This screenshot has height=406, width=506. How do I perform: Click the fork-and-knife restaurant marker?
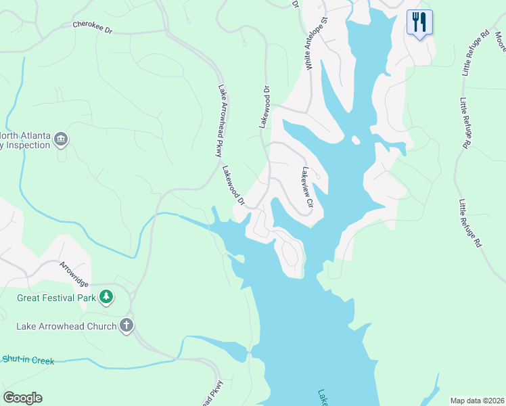tap(419, 22)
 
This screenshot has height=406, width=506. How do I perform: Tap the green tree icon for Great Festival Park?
tap(106, 296)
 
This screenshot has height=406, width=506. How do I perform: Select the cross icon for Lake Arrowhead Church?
tap(126, 325)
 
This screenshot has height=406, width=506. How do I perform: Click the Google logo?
tap(22, 397)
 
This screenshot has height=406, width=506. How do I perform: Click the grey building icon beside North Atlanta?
tap(61, 139)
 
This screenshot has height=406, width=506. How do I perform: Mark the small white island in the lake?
tap(354, 140)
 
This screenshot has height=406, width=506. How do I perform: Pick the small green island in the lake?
tap(237, 257)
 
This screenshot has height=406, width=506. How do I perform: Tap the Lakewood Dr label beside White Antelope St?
tap(265, 107)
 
